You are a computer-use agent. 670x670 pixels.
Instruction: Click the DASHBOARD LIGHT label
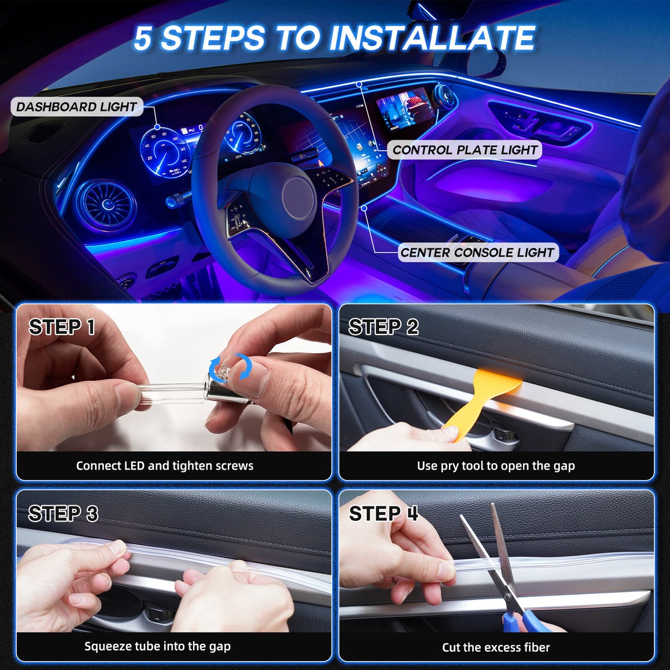tap(77, 107)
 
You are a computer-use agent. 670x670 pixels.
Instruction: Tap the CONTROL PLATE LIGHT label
tap(465, 150)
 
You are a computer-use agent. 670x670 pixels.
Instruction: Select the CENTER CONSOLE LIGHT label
tap(477, 252)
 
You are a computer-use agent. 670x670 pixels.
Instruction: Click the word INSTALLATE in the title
tap(432, 38)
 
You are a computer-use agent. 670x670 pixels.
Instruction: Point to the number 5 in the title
tap(143, 38)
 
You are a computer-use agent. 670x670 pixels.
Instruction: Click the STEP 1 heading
tap(62, 327)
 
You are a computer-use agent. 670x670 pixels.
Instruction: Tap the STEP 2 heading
tap(384, 327)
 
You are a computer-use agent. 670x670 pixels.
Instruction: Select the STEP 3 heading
tap(63, 513)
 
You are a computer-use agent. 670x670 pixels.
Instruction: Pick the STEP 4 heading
tap(384, 513)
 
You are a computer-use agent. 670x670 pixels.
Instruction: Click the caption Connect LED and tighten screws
tap(165, 466)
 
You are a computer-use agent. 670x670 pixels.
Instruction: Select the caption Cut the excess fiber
tap(496, 648)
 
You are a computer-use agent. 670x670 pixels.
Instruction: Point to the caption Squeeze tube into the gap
tap(157, 647)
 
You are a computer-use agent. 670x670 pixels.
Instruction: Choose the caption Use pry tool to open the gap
tap(496, 466)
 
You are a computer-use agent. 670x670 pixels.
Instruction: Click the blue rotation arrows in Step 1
tap(230, 367)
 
